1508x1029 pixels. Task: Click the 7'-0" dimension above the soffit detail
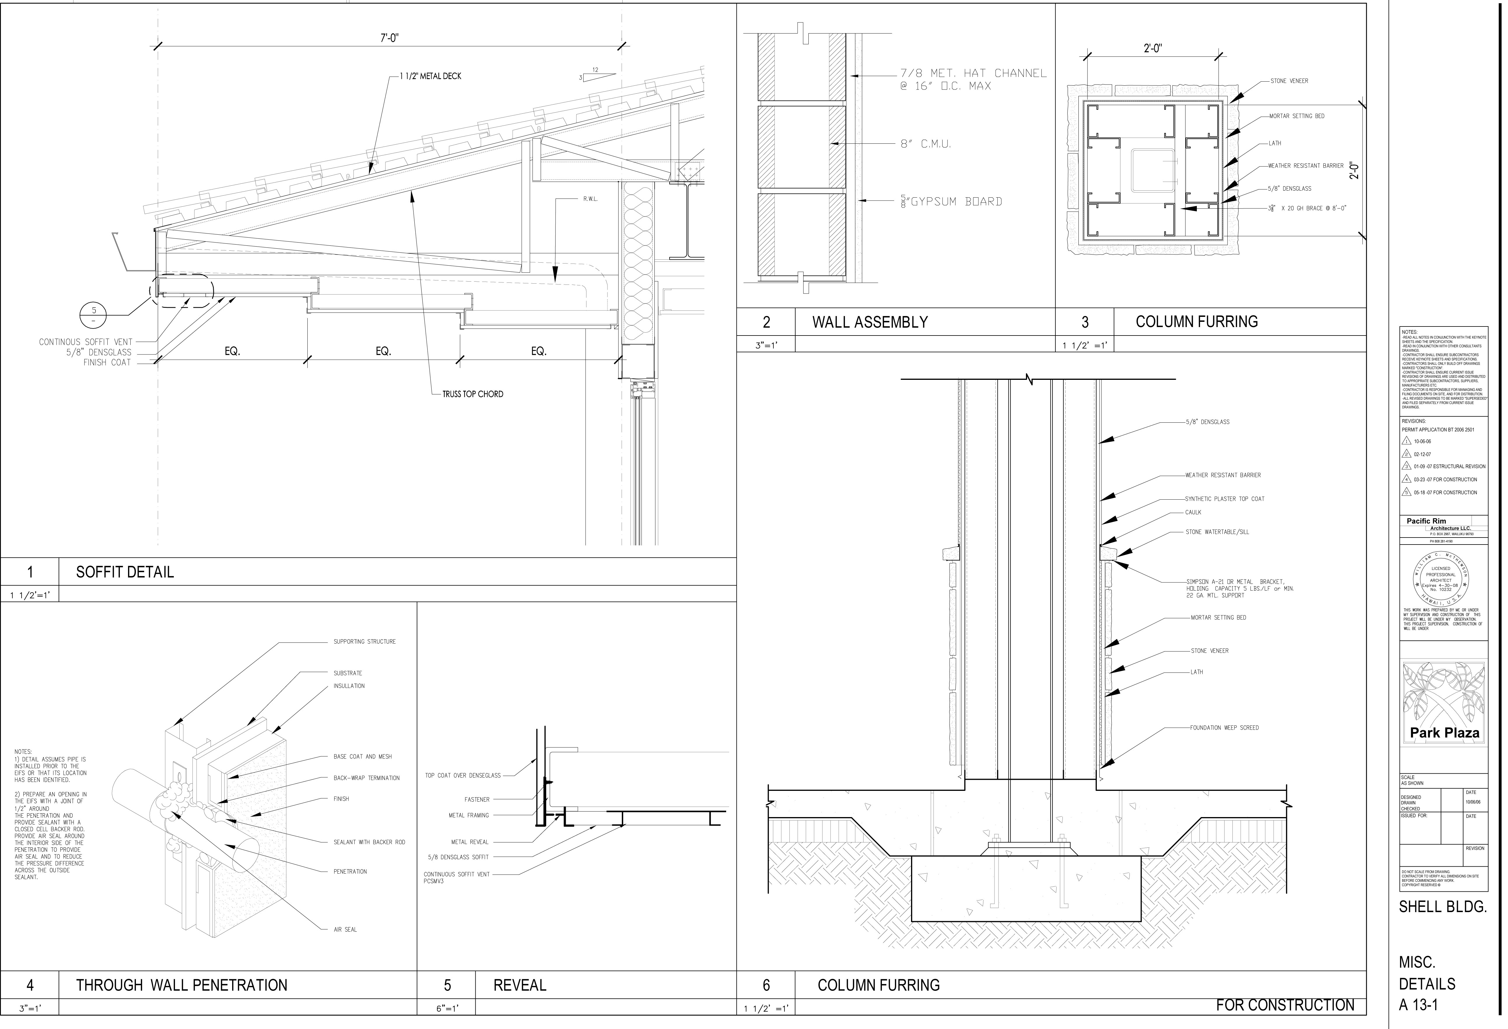pyautogui.click(x=389, y=38)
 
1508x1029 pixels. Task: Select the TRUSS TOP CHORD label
pyautogui.click(x=472, y=394)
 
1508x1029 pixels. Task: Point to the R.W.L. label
pyautogui.click(x=590, y=199)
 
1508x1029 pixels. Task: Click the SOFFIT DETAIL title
pyautogui.click(x=125, y=572)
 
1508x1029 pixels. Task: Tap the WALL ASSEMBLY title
pyautogui.click(x=870, y=322)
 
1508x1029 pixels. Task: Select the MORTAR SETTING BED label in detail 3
pyautogui.click(x=1297, y=116)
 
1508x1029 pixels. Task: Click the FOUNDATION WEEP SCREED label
pyautogui.click(x=1224, y=728)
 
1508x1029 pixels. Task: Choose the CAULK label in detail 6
pyautogui.click(x=1193, y=512)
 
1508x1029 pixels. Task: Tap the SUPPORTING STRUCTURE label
pyautogui.click(x=364, y=642)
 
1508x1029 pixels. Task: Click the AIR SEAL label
pyautogui.click(x=345, y=930)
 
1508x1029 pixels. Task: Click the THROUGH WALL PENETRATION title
pyautogui.click(x=182, y=986)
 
